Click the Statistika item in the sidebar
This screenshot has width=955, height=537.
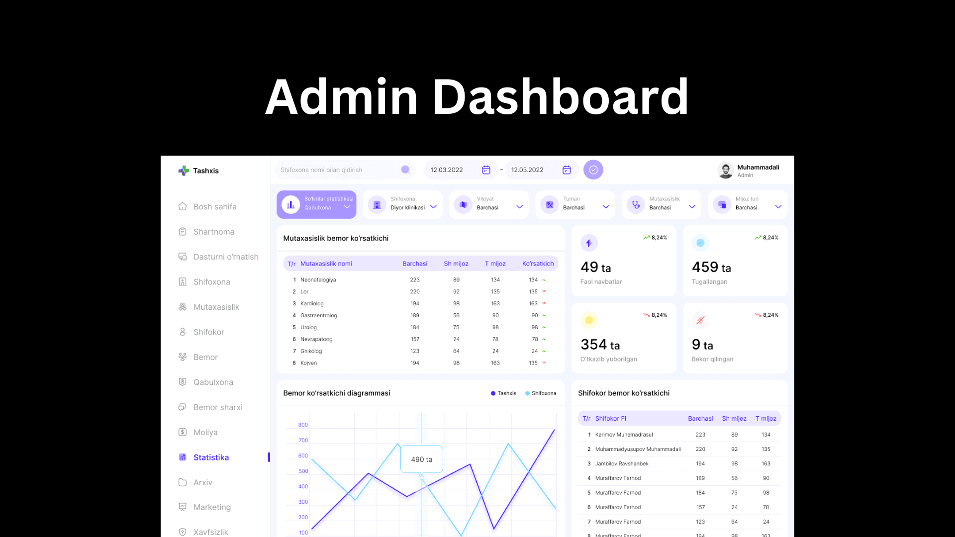tap(211, 457)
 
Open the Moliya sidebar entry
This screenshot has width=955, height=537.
tap(205, 433)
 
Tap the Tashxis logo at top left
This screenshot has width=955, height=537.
tap(198, 171)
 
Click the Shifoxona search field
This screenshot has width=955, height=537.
tap(336, 170)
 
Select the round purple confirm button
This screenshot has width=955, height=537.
tap(593, 170)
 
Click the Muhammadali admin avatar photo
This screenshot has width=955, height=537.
tap(726, 171)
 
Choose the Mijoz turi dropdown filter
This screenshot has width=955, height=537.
tap(749, 204)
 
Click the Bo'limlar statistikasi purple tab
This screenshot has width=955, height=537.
tap(316, 204)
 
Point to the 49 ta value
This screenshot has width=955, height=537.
tap(595, 268)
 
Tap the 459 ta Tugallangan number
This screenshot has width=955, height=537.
tap(711, 268)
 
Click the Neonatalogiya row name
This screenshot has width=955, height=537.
tap(318, 280)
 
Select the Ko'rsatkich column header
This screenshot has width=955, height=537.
tap(538, 264)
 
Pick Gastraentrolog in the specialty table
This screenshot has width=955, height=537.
tap(318, 316)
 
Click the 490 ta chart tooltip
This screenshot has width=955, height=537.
tap(421, 459)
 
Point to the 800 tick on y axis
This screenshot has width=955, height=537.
tap(303, 425)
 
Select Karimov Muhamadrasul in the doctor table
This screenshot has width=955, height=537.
tap(624, 435)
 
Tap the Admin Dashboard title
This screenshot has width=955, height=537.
tap(477, 97)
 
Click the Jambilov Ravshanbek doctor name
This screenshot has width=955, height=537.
tap(622, 464)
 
